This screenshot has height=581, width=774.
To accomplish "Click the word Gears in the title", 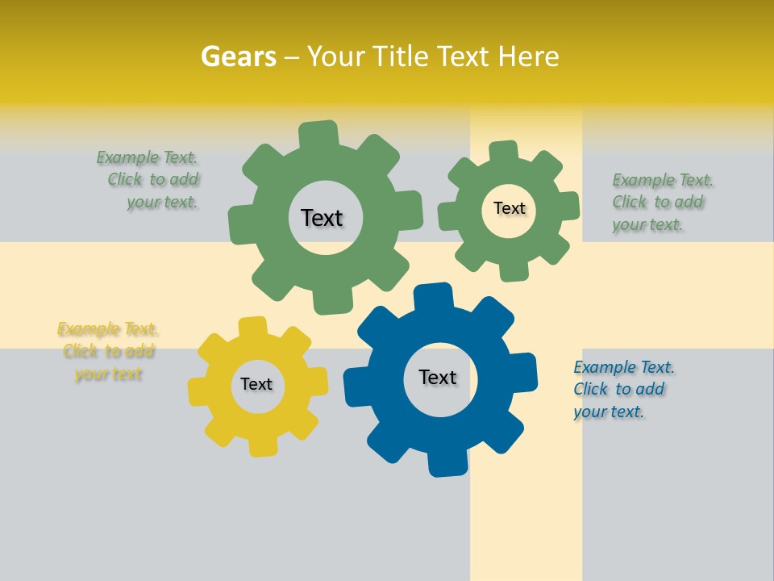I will (238, 56).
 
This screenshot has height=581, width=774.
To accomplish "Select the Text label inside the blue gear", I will (438, 377).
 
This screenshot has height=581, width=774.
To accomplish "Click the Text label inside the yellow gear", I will (256, 384).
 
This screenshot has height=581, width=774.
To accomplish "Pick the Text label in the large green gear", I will (322, 218).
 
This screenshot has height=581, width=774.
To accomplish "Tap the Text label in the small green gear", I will (509, 208).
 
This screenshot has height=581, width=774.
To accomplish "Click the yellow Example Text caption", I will (108, 351).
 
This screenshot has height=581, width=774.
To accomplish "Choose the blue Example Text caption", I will (622, 389).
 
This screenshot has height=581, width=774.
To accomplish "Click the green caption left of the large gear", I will (149, 179).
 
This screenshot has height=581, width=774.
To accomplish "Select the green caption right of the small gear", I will (660, 202).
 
